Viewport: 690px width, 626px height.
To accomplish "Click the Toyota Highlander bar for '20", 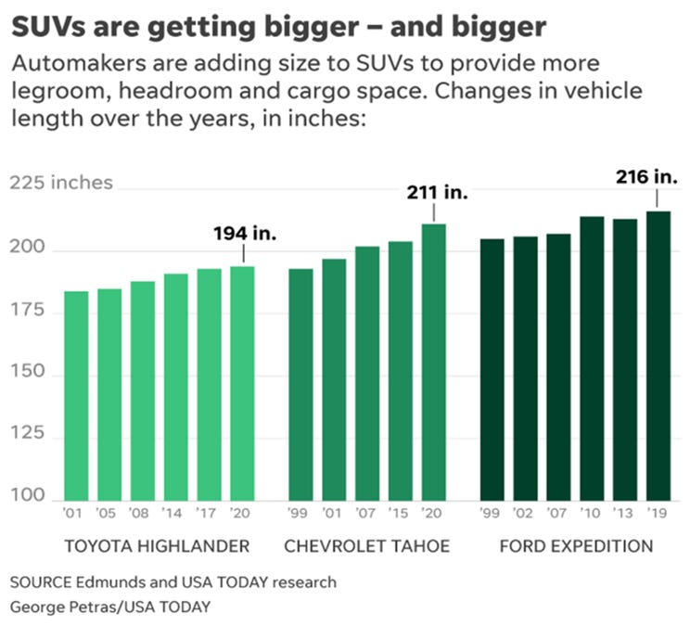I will (242, 382).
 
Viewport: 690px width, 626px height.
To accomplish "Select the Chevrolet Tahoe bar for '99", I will (300, 384).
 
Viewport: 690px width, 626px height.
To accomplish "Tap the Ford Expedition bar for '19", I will (658, 355).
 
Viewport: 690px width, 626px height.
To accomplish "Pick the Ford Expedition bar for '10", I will (592, 358).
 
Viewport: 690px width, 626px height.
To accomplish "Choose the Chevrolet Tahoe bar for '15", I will (401, 370).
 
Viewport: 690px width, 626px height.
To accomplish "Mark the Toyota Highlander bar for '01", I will (76, 395).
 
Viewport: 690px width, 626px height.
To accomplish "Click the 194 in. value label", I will (246, 232).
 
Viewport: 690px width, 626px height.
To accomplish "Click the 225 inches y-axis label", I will (61, 183).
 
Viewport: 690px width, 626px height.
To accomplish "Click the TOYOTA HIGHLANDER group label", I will (158, 545).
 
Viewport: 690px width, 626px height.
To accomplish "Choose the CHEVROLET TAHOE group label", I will (366, 545).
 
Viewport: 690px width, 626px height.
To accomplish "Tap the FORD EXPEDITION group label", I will (576, 545).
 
